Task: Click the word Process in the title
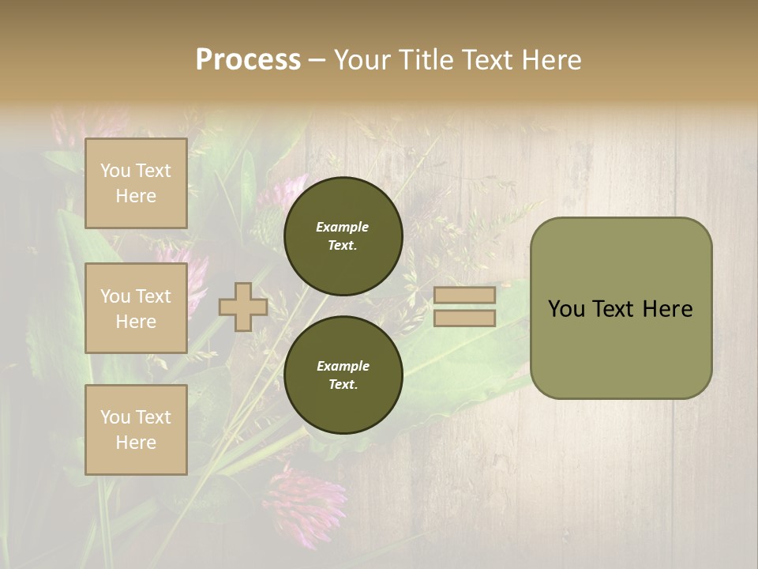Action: tap(248, 60)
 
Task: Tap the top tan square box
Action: tap(136, 183)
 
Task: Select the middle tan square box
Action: tap(136, 308)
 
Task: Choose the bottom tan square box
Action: tap(136, 430)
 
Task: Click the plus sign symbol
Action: tap(242, 307)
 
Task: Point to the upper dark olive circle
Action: tap(343, 236)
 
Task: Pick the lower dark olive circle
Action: tap(343, 375)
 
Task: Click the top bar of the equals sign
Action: tap(464, 295)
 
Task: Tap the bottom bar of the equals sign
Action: tap(464, 318)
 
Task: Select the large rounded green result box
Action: tap(621, 348)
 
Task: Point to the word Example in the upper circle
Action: tap(343, 227)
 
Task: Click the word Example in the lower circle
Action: tap(343, 366)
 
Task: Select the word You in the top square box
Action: tap(115, 171)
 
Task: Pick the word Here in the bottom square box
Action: tap(136, 443)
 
